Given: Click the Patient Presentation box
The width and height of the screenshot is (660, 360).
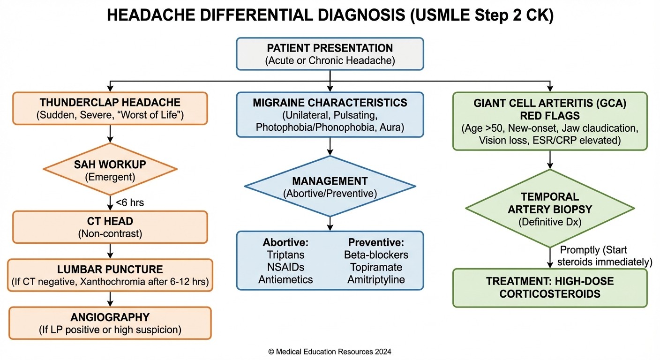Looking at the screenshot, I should [330, 54].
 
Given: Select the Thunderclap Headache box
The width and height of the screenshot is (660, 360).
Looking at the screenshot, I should [110, 108].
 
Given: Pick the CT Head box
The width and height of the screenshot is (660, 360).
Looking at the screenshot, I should [110, 227].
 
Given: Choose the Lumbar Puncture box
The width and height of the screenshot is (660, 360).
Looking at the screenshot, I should [110, 275].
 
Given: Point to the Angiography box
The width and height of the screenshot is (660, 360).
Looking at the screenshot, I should [110, 323].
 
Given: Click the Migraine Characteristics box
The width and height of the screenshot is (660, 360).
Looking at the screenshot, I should [330, 115].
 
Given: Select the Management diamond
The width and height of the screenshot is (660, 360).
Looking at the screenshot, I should [330, 186].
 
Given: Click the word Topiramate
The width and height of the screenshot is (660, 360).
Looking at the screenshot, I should [376, 267].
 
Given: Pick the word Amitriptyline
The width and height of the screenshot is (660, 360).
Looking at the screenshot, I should [376, 279].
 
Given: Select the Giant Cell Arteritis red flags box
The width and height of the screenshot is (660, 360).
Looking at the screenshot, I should [549, 121].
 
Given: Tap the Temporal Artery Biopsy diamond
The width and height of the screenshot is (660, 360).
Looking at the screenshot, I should [549, 209].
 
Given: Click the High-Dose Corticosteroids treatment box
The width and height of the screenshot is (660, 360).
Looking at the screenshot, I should [549, 288].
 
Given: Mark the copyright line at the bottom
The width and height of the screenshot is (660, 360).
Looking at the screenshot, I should [330, 352].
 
